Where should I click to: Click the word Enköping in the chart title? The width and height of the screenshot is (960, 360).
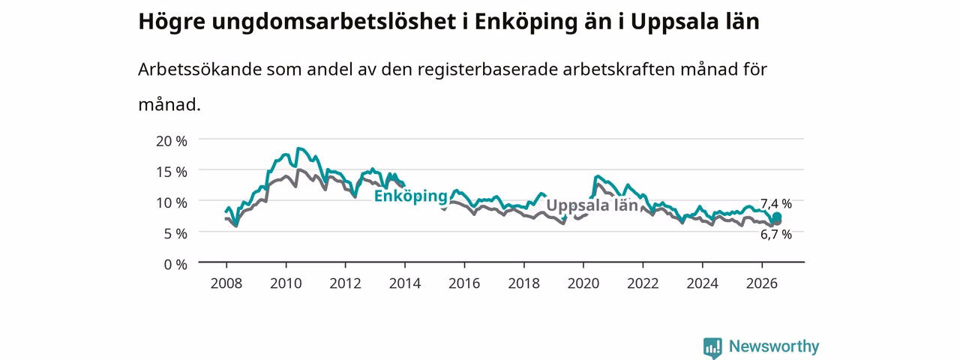click(526, 22)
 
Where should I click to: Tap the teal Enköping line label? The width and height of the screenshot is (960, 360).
click(410, 196)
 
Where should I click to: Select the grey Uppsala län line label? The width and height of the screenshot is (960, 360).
click(592, 205)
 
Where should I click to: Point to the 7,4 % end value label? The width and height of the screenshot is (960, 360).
click(775, 203)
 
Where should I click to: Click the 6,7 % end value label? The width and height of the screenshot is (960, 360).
click(775, 235)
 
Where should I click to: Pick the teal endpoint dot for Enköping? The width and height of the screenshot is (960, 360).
click(776, 217)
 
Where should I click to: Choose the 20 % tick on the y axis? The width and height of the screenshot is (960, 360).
click(172, 141)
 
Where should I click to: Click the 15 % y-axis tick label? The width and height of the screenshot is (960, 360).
click(172, 172)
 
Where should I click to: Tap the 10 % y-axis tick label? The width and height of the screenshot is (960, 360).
click(172, 202)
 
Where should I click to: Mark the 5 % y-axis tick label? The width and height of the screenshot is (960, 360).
click(175, 233)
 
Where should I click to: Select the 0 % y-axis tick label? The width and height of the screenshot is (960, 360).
click(175, 265)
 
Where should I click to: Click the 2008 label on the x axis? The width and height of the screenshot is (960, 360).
click(226, 283)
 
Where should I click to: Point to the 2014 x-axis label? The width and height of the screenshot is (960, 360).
click(404, 283)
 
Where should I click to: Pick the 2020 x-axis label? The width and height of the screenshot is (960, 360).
click(583, 283)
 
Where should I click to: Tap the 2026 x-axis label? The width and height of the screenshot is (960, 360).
click(761, 283)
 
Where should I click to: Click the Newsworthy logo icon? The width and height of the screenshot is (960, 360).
click(712, 347)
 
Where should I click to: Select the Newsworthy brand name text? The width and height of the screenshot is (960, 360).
click(774, 346)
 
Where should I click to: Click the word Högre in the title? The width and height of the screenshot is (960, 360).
click(172, 22)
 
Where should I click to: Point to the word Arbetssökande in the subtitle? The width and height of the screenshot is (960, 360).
click(199, 69)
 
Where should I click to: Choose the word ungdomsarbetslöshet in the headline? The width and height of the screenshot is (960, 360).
click(334, 22)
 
